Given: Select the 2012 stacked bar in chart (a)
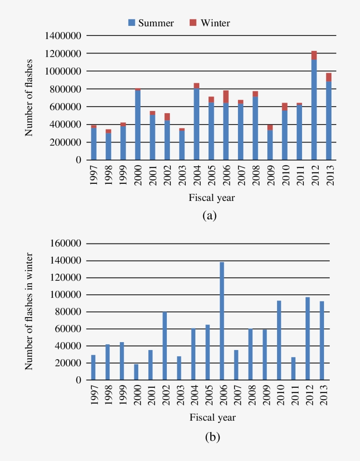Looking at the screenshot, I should (x=314, y=107).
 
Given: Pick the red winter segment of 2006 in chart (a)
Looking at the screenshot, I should (x=226, y=96).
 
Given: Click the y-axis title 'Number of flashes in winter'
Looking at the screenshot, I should (x=29, y=311).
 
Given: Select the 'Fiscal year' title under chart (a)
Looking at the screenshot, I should (x=212, y=198).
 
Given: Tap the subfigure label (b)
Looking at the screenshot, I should (x=212, y=437).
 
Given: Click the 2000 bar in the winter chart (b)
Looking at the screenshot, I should (x=136, y=372).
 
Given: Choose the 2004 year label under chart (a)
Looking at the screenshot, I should (x=196, y=175).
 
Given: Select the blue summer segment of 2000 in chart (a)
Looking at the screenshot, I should (x=137, y=125).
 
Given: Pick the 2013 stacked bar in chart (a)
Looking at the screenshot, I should (x=328, y=118).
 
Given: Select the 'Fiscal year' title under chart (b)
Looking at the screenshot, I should (x=212, y=417).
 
